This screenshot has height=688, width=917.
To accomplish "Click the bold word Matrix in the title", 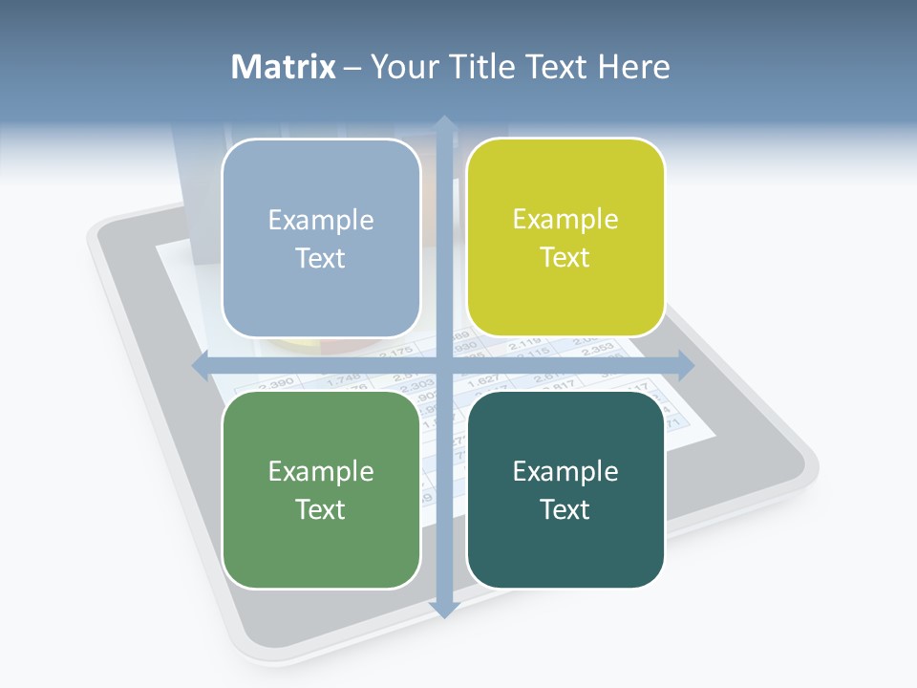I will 283,67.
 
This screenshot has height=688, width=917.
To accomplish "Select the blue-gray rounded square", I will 321,238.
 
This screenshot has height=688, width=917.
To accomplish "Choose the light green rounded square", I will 321,489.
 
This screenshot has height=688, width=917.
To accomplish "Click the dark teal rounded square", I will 565,489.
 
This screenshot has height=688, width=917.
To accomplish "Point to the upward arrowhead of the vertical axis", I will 444,123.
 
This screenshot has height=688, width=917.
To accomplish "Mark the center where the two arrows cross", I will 444,365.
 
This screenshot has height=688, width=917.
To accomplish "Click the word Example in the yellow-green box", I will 565,219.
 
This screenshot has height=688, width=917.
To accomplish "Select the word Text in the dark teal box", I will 565,509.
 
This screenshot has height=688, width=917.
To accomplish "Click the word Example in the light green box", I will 321,471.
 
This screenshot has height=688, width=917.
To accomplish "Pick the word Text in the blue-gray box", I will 321,258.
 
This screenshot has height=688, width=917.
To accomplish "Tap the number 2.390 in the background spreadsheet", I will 276,383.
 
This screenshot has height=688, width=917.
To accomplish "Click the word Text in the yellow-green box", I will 565,257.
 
